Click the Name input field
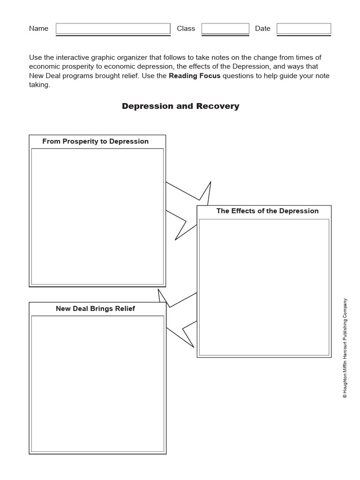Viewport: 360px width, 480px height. [113, 29]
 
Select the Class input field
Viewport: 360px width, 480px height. [225, 29]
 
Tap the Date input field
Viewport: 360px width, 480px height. [303, 29]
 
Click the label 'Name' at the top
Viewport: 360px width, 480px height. [38, 29]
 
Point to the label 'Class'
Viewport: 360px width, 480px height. [186, 29]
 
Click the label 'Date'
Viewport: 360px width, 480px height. [262, 29]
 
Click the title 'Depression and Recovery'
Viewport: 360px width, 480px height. [180, 106]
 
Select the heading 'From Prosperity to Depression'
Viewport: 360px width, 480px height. [95, 141]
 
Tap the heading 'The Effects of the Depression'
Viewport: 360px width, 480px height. [267, 211]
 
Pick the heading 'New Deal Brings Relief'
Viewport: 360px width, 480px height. [95, 308]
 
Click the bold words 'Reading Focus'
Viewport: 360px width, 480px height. [195, 76]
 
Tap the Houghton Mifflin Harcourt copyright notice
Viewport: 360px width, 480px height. [345, 348]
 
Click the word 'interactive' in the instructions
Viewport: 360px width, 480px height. [75, 57]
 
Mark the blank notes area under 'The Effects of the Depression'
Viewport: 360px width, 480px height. [264, 287]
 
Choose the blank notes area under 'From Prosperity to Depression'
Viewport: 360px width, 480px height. [97, 217]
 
